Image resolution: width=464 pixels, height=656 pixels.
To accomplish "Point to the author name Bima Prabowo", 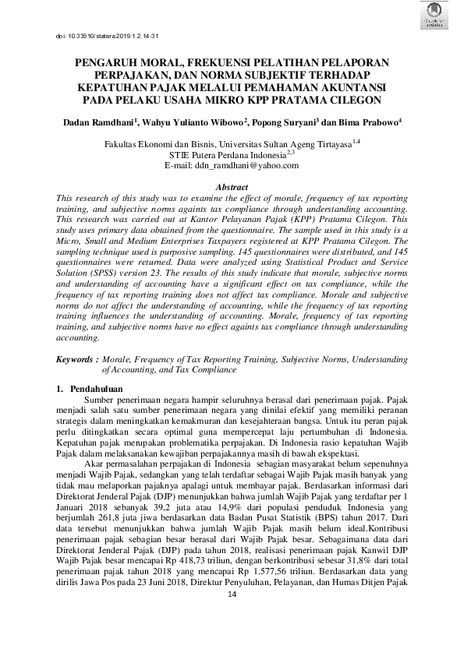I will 373,122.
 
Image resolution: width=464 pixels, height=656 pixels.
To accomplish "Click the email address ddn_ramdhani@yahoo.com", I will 232,165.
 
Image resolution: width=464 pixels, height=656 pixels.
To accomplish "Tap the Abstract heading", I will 232,188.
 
